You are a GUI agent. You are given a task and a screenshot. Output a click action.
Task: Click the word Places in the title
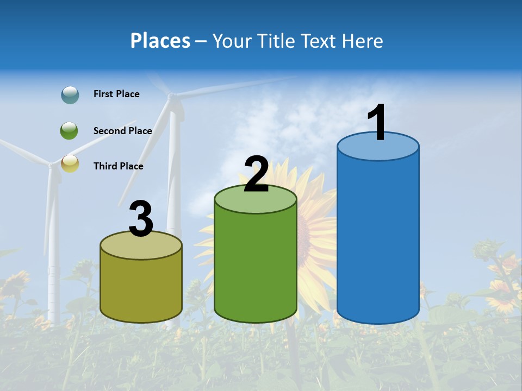pyautogui.click(x=160, y=41)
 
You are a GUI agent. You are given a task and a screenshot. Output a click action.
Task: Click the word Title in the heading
pyautogui.click(x=276, y=41)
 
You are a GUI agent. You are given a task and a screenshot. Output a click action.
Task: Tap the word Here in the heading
pyautogui.click(x=362, y=41)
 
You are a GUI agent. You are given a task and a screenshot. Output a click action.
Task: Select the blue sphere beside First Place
pyautogui.click(x=70, y=95)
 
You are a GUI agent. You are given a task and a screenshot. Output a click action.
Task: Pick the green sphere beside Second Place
pyautogui.click(x=70, y=131)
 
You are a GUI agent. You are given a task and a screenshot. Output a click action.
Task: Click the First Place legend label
pyautogui.click(x=116, y=94)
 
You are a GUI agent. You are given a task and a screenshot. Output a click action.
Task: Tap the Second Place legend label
pyautogui.click(x=122, y=131)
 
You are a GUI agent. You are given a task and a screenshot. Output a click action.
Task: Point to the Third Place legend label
pyautogui.click(x=118, y=166)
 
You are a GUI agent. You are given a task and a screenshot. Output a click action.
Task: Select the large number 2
pyautogui.click(x=257, y=174)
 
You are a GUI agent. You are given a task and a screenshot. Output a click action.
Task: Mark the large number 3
pyautogui.click(x=141, y=219)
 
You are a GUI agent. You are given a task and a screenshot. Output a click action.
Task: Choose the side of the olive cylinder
pyautogui.click(x=141, y=288)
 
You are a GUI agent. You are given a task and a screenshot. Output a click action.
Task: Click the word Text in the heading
pyautogui.click(x=321, y=41)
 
